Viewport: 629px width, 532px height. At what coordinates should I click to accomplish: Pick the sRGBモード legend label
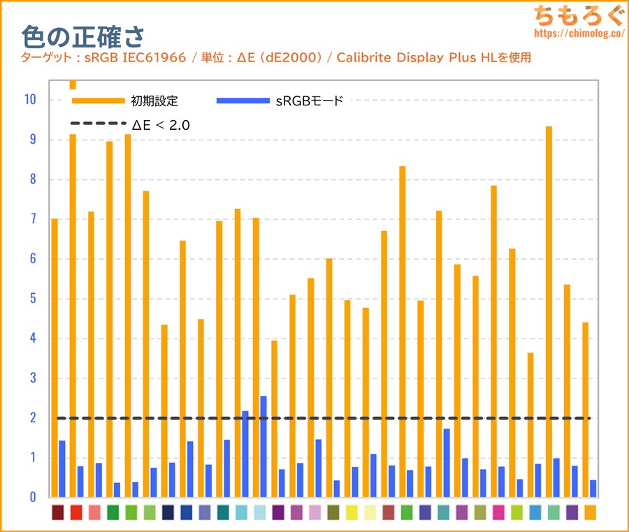[x=310, y=101]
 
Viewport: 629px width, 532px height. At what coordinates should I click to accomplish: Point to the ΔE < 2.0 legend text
[x=161, y=125]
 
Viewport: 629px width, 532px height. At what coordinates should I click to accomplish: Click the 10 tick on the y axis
[x=29, y=100]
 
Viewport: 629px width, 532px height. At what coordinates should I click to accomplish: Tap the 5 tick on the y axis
[x=32, y=299]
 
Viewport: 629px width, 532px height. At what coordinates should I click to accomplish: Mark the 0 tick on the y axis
[x=32, y=498]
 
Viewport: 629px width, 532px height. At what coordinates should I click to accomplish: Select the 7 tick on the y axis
[x=32, y=219]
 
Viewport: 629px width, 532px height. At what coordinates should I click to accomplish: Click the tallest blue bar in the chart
[x=263, y=447]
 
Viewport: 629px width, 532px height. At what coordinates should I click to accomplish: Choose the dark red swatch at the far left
[x=58, y=512]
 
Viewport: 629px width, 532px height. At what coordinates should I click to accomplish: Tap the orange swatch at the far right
[x=591, y=512]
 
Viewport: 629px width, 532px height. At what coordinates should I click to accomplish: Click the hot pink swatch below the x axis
[x=498, y=512]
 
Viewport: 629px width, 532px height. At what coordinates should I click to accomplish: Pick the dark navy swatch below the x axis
[x=168, y=512]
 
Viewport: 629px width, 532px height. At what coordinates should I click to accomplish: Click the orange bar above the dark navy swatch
[x=164, y=411]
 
